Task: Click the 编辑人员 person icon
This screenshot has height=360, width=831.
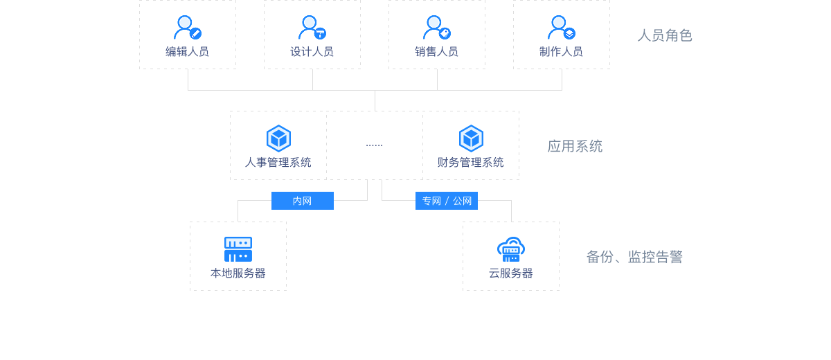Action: point(187,28)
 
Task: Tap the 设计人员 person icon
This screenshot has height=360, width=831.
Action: point(312,28)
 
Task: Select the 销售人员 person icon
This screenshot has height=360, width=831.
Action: point(436,28)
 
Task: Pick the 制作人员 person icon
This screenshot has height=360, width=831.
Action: point(561,28)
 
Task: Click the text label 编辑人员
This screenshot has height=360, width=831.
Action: point(187,51)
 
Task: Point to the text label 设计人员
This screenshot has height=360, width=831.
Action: point(312,51)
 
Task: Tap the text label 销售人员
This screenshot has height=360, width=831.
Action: point(436,51)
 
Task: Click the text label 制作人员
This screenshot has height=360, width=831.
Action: point(561,51)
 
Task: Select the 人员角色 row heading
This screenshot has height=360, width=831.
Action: point(665,35)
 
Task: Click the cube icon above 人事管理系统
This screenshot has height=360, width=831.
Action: point(278,138)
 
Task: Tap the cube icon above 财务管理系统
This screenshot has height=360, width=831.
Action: point(471,138)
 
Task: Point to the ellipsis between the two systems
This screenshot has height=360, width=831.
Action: point(374,145)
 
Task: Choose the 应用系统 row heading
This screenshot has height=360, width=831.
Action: point(575,145)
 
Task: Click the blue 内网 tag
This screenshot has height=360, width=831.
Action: point(302,201)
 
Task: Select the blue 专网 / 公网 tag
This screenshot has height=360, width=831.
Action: point(447,201)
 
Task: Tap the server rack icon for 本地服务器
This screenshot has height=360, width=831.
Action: point(238,249)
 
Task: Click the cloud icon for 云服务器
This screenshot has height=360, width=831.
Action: point(511,249)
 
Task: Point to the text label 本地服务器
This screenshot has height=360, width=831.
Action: point(238,273)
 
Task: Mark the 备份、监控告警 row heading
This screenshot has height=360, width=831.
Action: point(634,257)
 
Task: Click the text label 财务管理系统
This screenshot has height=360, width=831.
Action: point(471,163)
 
